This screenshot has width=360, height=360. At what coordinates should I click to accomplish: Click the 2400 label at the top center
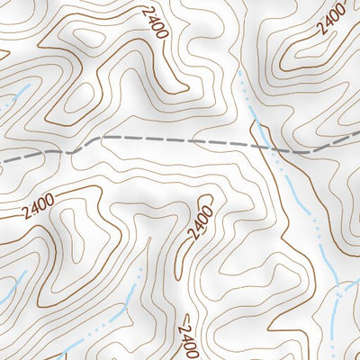point(154,24)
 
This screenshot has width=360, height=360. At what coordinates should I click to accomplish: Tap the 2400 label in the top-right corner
point(332,20)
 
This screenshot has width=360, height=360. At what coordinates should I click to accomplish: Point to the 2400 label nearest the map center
point(201,222)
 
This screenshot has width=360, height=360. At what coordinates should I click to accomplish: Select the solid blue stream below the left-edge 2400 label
point(11,292)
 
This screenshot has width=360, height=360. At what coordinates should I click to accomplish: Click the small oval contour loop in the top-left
point(90,40)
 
